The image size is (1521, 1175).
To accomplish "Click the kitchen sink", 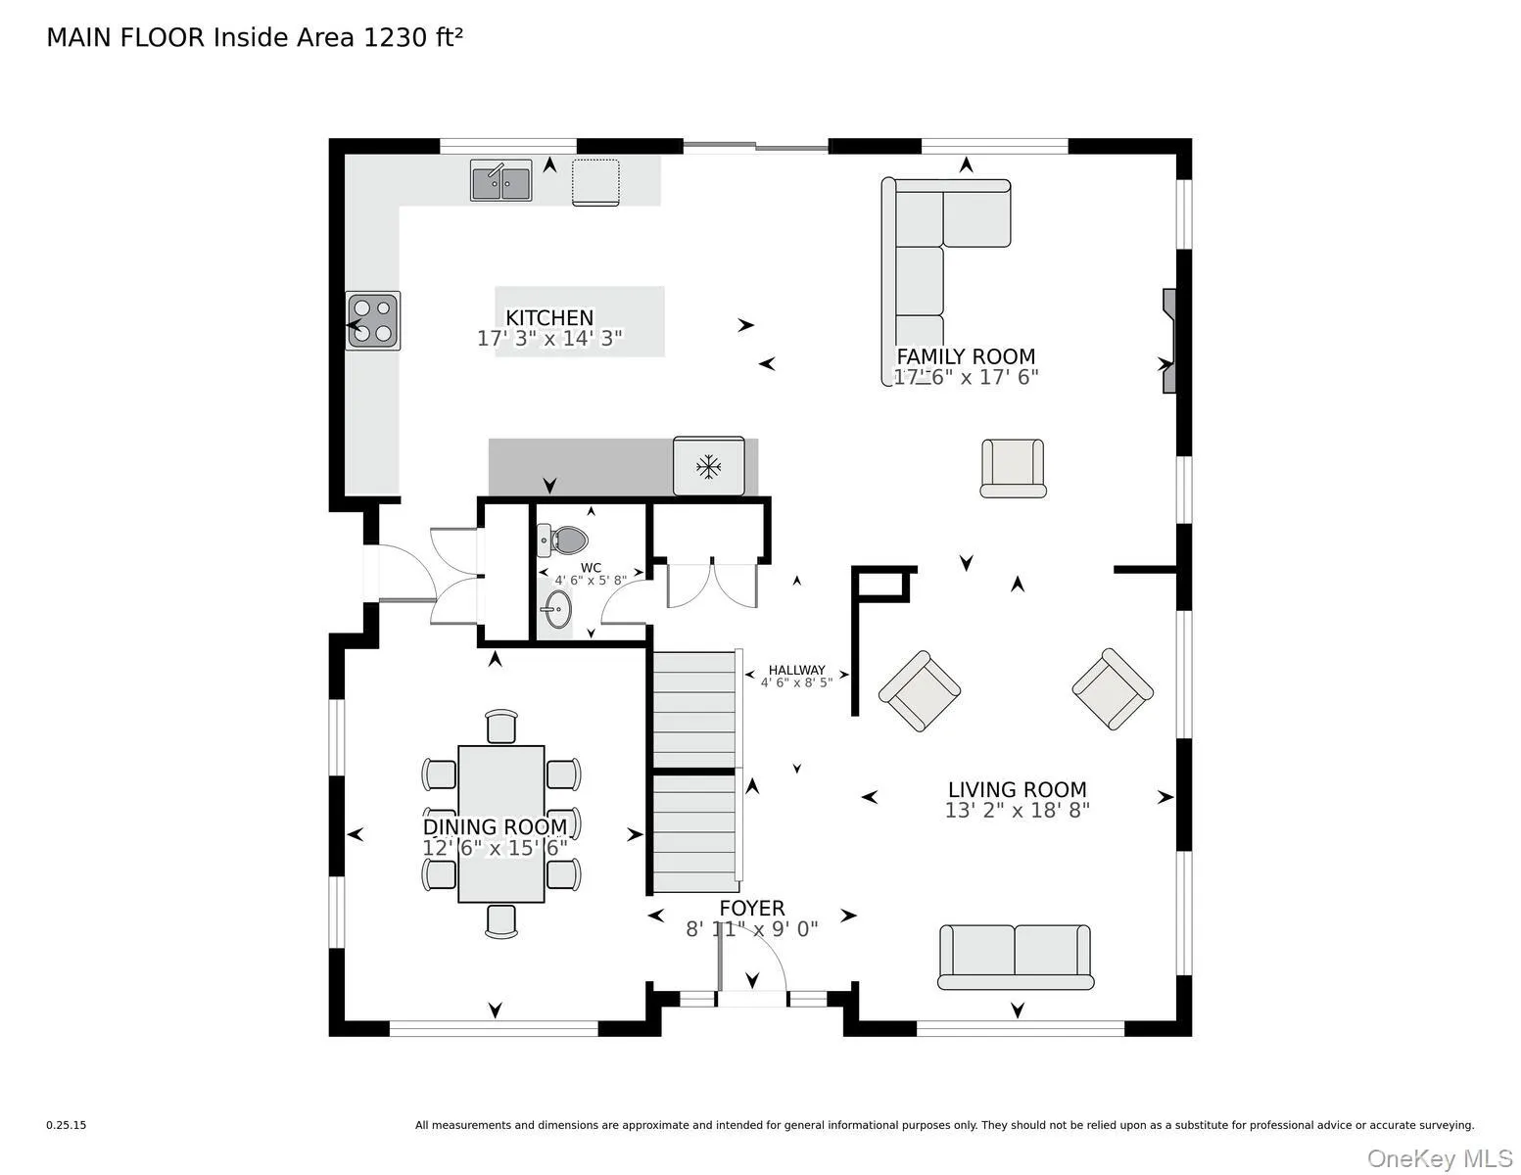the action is pos(500,180).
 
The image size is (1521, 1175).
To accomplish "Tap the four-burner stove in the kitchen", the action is pos(373,320).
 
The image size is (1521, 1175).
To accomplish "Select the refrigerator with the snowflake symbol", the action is pos(708,466).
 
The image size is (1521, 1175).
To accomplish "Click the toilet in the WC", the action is pos(563,540).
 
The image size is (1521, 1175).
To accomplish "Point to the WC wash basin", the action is pos(558,609).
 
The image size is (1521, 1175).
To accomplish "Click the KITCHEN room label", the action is pos(549,317).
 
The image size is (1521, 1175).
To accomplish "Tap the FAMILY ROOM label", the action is pos(966,356).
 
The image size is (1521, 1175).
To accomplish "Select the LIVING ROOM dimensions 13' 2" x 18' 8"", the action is pos(1017,811).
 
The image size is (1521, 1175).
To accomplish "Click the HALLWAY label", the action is pos(796,670).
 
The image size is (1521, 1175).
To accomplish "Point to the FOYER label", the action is pos(752,909).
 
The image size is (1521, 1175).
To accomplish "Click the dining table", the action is pos(501,823).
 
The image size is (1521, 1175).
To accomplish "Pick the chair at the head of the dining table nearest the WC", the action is pos(501,727).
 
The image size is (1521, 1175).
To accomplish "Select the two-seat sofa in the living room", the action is pos(1015,957).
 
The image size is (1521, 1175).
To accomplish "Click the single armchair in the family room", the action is pos(1013,468).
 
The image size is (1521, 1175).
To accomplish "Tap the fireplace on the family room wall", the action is pos(1169,341).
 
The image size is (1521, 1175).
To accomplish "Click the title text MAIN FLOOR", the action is pos(125,38).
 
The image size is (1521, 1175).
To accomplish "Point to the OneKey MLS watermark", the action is pos(1440,1158).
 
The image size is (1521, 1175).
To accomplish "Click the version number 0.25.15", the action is pos(67,1125).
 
